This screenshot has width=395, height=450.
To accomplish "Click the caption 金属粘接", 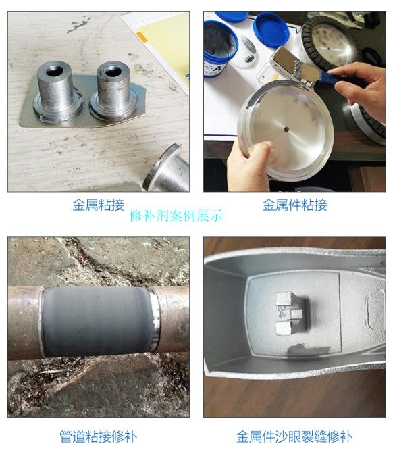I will [x=98, y=205].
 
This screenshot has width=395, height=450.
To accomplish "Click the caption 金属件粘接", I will [x=294, y=205].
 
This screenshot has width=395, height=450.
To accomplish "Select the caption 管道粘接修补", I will [x=98, y=436].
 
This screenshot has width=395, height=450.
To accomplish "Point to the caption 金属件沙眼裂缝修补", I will [x=294, y=436].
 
